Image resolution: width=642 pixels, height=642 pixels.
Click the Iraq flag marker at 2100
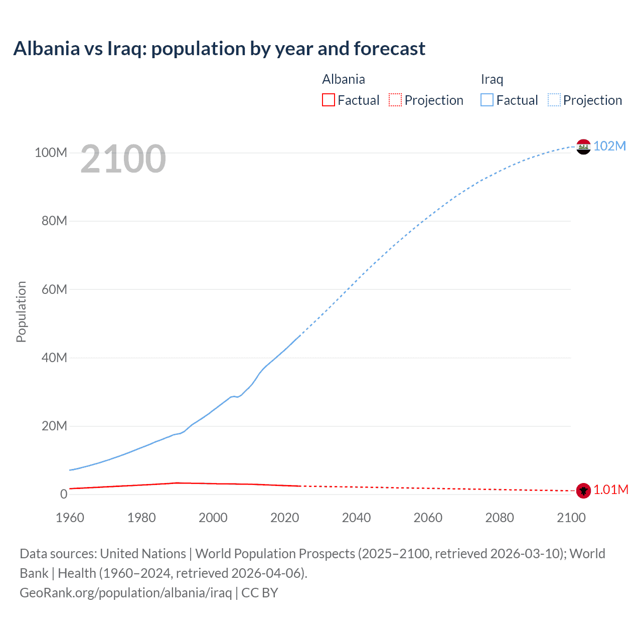583,146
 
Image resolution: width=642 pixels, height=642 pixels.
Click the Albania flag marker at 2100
583,491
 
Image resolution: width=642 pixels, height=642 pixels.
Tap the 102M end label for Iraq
609,146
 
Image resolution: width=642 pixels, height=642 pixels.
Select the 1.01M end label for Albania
611,490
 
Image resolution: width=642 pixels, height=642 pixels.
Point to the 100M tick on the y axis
51,152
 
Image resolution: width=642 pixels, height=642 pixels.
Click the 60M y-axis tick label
54,289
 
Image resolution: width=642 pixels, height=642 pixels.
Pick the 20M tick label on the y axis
54,426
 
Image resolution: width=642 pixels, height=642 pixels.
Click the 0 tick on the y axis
64,494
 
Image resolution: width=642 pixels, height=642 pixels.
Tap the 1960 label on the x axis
70,518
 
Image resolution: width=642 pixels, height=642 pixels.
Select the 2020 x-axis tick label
284,518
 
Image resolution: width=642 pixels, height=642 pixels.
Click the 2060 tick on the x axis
428,518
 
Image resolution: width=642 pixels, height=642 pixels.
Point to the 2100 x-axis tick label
571,518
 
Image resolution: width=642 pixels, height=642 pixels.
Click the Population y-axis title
21,311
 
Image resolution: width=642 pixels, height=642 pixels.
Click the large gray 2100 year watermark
123,159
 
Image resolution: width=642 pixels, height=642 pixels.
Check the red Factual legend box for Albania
329,100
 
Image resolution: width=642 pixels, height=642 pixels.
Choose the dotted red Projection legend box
395,100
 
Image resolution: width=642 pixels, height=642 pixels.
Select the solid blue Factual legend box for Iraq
487,100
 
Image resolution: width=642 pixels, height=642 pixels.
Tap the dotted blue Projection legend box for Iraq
554,100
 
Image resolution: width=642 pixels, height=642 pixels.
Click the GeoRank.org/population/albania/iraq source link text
125,593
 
